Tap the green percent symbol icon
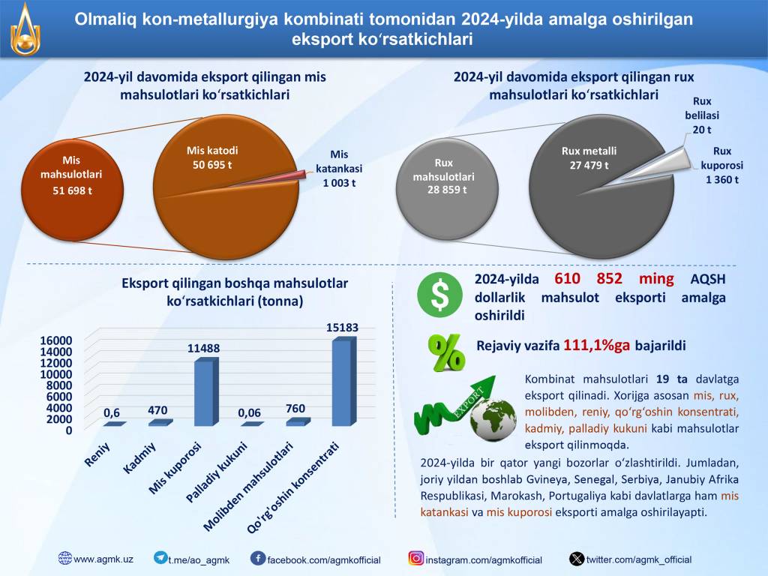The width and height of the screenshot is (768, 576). coord(445,352)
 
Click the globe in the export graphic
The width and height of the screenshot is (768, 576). coord(493,419)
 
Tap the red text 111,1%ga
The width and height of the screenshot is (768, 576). coord(598,346)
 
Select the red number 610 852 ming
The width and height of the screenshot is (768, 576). coord(614,279)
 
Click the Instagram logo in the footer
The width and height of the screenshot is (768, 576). coord(416,559)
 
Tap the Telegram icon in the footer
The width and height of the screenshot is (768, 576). coord(160,558)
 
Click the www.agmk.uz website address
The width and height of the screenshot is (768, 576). coord(103,559)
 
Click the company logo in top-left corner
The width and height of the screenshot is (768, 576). coord(26,30)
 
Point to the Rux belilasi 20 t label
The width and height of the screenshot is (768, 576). coord(702,115)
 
